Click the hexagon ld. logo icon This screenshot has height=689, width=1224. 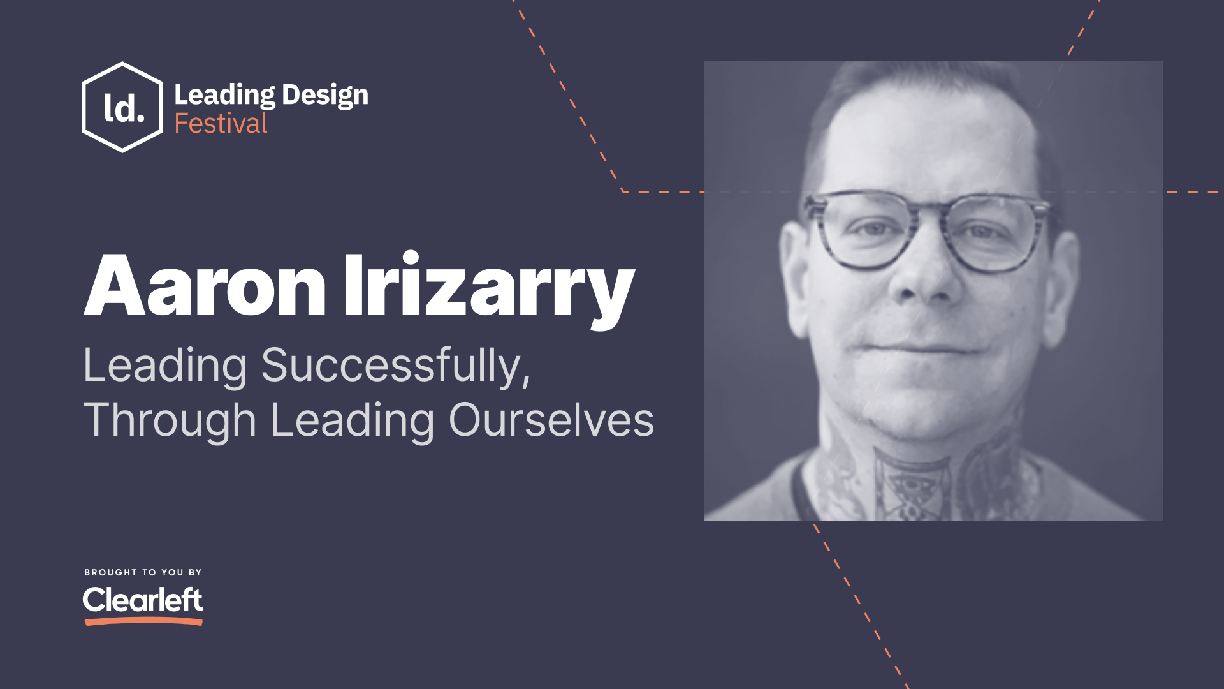pos(122,107)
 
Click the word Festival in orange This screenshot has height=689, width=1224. pos(221,124)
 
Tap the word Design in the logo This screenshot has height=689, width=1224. pos(325,95)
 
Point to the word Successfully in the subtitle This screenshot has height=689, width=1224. pos(391,366)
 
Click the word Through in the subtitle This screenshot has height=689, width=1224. pos(170,420)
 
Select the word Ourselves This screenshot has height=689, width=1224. pos(551,420)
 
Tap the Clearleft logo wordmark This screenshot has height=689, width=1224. pos(143,600)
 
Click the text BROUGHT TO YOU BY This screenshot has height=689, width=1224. pos(143,572)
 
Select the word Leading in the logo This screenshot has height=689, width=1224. pos(224,95)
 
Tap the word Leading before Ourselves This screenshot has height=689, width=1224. pos(352,420)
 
